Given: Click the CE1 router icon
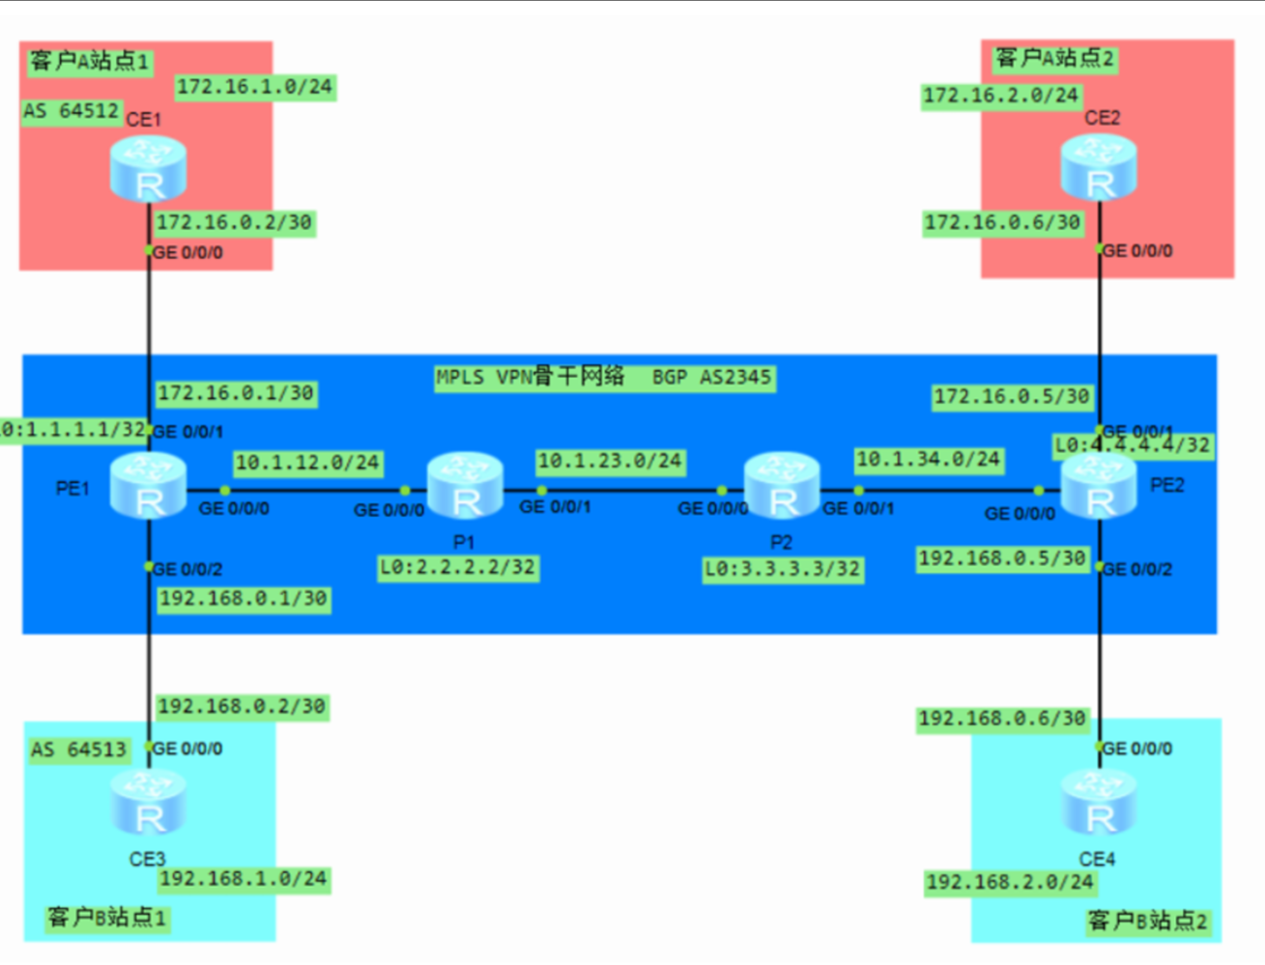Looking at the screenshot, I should tap(148, 168).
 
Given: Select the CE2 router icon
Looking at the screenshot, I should tap(1099, 167).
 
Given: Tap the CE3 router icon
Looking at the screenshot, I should tap(148, 803).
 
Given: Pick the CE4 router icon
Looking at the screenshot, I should tap(1099, 803).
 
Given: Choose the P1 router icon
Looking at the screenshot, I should tap(465, 486).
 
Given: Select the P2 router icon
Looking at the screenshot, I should tap(782, 486).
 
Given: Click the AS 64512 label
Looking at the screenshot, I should tap(71, 111).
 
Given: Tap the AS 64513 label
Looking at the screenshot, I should tap(78, 750).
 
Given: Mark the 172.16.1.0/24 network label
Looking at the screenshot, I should tap(254, 87).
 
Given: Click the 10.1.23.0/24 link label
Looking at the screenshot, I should tap(610, 461).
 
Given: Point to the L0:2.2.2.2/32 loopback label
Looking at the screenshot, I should tap(457, 567).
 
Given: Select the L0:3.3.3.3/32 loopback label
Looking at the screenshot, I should tap(782, 569).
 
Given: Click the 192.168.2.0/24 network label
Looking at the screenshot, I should tap(1010, 882).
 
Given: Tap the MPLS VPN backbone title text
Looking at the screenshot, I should tap(604, 377).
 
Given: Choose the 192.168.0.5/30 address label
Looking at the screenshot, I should tap(1002, 558).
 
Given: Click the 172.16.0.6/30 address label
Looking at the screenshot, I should tap(1002, 223).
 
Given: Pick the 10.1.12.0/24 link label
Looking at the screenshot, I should tap(307, 463).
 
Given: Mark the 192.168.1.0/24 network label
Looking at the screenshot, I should tap(244, 879).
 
